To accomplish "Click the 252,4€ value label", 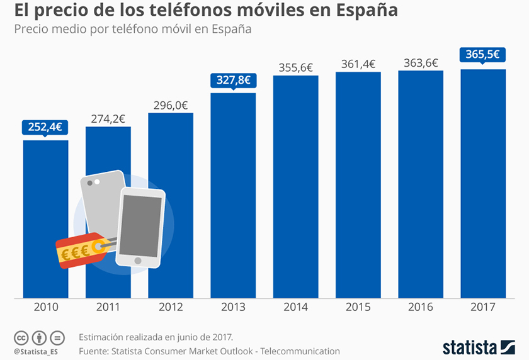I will (45, 127).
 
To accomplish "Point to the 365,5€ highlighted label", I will (483, 55).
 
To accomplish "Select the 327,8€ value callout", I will (233, 80).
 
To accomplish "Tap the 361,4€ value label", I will (358, 64).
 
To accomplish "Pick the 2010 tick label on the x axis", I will (45, 307).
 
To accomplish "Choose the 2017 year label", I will (483, 307).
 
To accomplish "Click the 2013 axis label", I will (233, 307).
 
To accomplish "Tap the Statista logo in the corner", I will (478, 346).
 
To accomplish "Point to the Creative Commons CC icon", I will (21, 337).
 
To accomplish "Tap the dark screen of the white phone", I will (140, 225).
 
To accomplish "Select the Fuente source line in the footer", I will (209, 351).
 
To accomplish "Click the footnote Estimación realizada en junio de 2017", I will (156, 337).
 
